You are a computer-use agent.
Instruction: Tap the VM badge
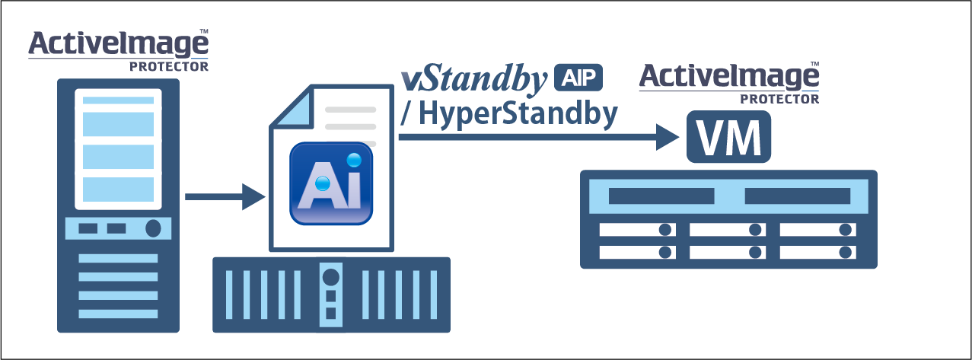[728, 138]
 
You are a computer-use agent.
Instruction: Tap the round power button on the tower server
[153, 228]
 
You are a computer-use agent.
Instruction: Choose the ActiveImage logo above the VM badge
[728, 77]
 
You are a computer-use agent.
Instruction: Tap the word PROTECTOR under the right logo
[780, 99]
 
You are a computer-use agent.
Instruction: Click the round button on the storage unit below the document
[330, 274]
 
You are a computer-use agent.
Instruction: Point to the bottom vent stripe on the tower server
[118, 314]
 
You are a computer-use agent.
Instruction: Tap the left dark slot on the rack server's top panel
[661, 196]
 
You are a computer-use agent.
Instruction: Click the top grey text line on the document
[350, 109]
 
